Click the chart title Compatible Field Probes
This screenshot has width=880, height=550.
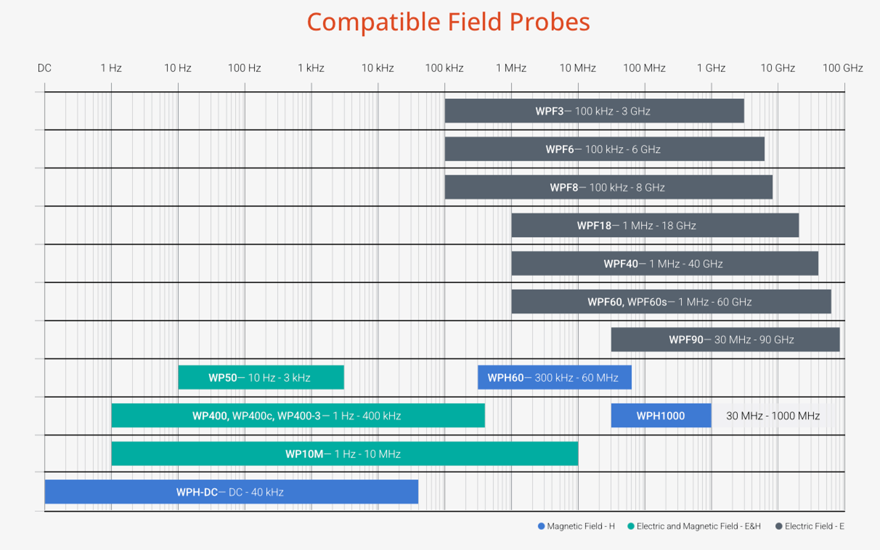(x=448, y=22)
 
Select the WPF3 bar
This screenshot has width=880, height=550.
(x=594, y=111)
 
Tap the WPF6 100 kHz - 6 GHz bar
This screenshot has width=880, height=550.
(x=604, y=149)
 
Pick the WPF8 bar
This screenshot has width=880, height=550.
(x=608, y=187)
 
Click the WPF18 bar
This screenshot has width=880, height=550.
(x=654, y=225)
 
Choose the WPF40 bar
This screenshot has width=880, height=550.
(x=664, y=264)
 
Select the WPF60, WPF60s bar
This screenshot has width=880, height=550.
(x=671, y=302)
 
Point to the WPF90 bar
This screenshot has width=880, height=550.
(x=725, y=340)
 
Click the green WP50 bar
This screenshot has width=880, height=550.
(x=261, y=377)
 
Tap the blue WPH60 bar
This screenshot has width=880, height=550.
(x=554, y=377)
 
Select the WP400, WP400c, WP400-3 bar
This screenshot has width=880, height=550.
(x=298, y=415)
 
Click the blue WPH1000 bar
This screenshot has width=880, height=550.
(x=660, y=415)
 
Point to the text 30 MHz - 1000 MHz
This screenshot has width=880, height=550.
(x=773, y=416)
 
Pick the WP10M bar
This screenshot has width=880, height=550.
(x=344, y=454)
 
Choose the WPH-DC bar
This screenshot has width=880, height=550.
(x=231, y=492)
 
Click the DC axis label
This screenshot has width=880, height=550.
(x=44, y=68)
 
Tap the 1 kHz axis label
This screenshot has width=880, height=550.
(x=311, y=68)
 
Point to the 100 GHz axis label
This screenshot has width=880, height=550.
(x=842, y=68)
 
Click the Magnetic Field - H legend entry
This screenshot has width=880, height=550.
(x=576, y=526)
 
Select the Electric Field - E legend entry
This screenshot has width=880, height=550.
(x=809, y=526)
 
